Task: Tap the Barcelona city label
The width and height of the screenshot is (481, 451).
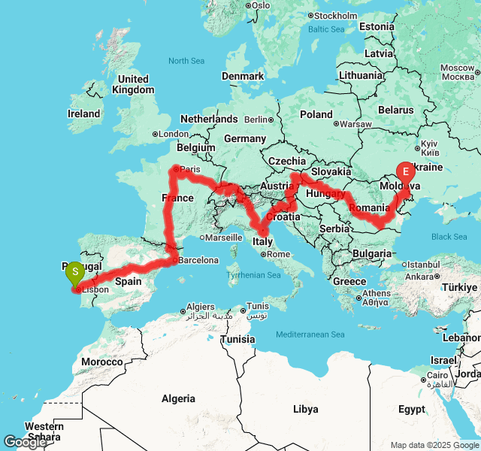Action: [199, 261]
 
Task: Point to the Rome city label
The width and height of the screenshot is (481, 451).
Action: [278, 254]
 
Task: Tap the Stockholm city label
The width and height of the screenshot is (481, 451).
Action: [335, 16]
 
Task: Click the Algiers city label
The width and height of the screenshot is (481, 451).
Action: [200, 307]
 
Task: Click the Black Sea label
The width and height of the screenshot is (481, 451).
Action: [449, 237]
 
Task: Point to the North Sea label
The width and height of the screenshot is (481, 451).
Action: [186, 61]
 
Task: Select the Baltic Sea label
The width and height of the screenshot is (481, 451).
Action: [325, 29]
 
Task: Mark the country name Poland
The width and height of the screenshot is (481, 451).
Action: [316, 114]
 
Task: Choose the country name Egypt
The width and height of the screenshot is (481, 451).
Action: [411, 410]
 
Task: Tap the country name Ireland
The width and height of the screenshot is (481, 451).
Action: [83, 114]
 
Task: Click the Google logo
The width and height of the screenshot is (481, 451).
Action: [25, 442]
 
